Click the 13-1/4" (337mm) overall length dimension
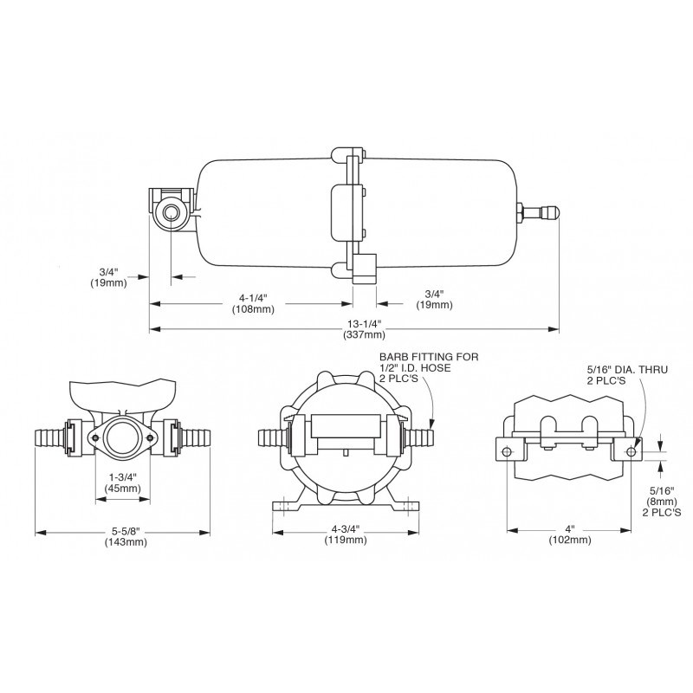(x=364, y=329)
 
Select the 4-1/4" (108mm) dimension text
(x=253, y=303)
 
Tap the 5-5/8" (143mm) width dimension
(x=126, y=536)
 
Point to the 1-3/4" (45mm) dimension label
(x=122, y=483)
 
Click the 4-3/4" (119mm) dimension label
(x=346, y=534)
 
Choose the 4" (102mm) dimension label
(x=570, y=534)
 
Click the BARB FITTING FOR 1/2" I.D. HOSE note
(x=429, y=367)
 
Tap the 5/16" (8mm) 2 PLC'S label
(x=662, y=502)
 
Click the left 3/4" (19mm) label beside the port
(x=109, y=277)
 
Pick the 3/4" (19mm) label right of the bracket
(x=434, y=299)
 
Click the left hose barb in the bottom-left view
(x=50, y=437)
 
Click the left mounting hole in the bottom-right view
(x=507, y=451)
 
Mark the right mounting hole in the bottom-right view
(x=631, y=451)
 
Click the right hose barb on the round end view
(x=419, y=437)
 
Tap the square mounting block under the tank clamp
(x=364, y=269)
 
